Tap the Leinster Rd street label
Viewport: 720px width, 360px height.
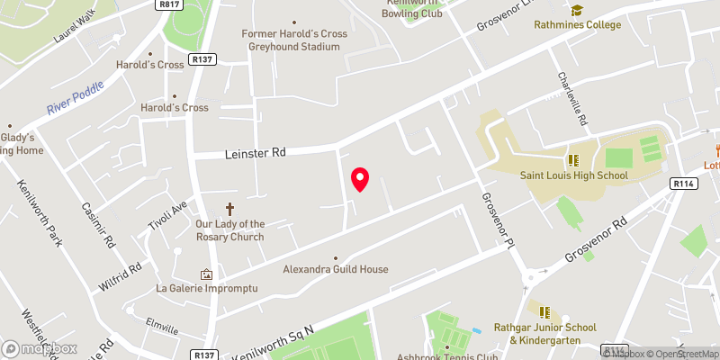[x=255, y=154]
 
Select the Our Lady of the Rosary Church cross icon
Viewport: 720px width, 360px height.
[x=229, y=207]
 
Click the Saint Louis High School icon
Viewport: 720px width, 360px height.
[x=572, y=160]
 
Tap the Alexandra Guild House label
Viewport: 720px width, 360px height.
[x=336, y=269]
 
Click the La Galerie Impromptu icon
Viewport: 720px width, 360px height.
[x=207, y=274]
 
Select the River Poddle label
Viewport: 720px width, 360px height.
[x=76, y=98]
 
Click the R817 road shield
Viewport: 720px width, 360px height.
[x=167, y=4]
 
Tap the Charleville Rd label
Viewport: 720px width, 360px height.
[x=572, y=100]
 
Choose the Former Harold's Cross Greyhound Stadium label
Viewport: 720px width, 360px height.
[x=294, y=40]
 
